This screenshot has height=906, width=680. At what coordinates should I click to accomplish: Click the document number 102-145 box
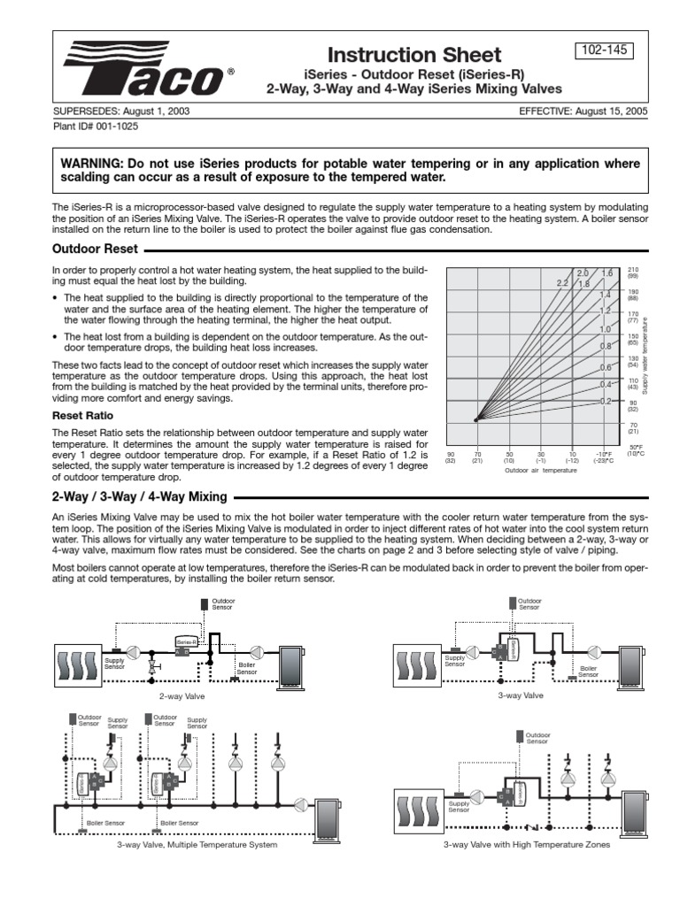click(606, 50)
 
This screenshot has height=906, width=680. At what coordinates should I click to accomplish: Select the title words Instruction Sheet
click(414, 55)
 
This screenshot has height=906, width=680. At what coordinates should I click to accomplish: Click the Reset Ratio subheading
click(78, 414)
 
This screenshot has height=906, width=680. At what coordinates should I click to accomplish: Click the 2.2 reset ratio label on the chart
click(562, 283)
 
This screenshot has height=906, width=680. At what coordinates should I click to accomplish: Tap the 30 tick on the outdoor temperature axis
click(540, 453)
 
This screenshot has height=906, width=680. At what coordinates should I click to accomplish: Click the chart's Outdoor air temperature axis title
click(541, 471)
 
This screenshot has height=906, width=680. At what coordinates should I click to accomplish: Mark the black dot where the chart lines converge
click(476, 419)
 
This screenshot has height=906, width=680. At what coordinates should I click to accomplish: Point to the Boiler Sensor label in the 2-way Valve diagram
click(247, 668)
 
